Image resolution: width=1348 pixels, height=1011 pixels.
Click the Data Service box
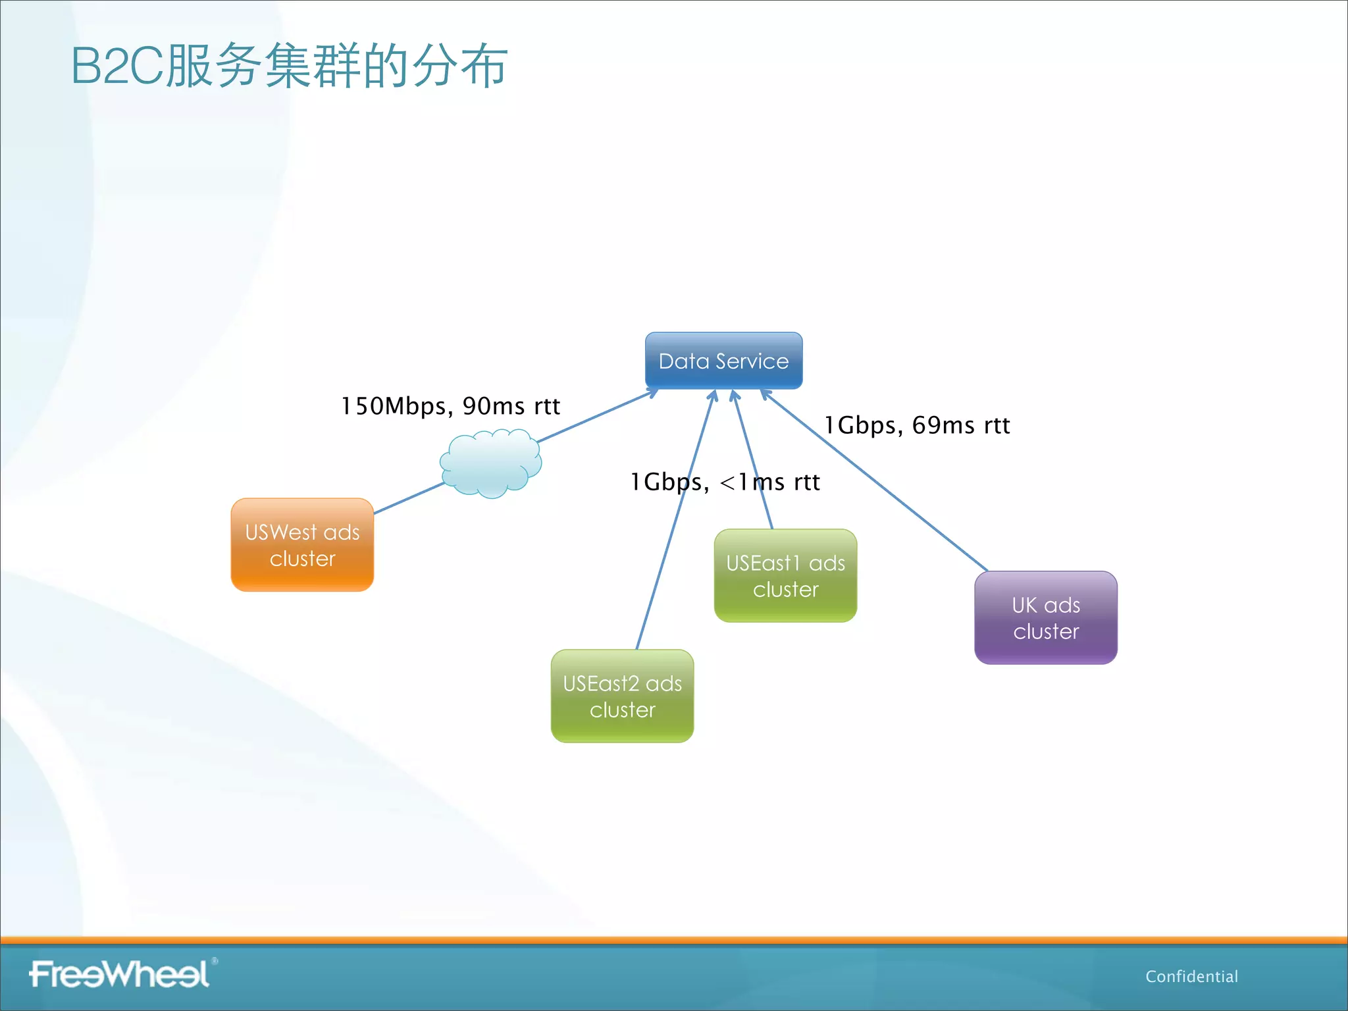723,360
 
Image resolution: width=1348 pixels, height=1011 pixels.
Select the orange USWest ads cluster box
302,545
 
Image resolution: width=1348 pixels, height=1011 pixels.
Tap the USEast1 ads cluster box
785,576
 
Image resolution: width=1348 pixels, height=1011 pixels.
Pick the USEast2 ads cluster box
622,696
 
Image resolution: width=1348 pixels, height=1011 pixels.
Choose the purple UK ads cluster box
1045,618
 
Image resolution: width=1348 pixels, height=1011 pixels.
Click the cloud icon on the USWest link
490,463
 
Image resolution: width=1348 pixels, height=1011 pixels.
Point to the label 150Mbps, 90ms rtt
450,406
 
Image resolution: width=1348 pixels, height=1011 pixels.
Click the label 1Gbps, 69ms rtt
917,425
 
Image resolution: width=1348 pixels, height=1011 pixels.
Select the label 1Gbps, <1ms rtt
725,482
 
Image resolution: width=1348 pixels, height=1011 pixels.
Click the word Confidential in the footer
1191,976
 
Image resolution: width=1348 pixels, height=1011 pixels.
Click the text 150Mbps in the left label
394,406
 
